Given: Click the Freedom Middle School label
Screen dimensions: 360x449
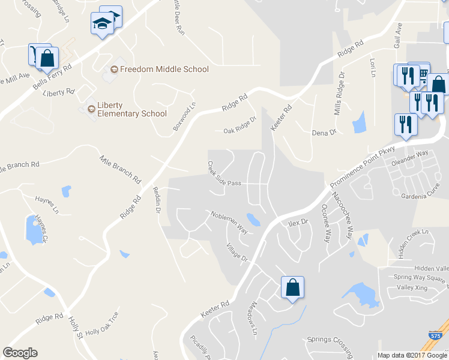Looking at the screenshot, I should click(x=164, y=69).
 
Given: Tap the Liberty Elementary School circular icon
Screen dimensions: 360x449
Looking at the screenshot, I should click(x=91, y=109).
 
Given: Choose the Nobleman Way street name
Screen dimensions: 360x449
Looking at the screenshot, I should click(x=229, y=220).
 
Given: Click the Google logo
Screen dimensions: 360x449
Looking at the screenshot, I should click(x=20, y=353).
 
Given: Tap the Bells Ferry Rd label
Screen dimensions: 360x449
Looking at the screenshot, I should click(x=52, y=77).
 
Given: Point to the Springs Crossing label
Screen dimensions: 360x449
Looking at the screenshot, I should click(x=330, y=340).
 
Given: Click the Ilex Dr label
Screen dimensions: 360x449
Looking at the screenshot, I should click(x=298, y=222).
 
